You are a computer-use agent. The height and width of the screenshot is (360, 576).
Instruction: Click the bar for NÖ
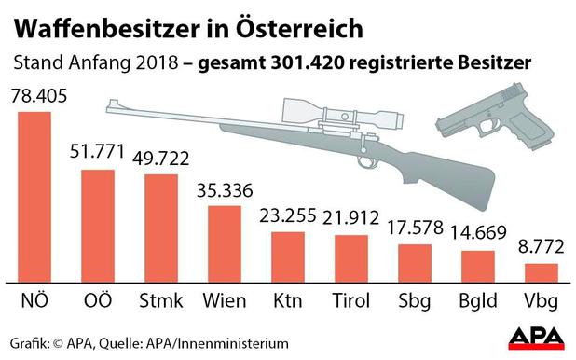point(34,195)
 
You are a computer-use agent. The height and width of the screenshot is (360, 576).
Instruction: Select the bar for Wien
point(224,242)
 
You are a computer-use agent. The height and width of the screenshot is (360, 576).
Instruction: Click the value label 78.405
point(35,96)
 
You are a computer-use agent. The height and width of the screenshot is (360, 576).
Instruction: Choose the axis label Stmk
point(161,303)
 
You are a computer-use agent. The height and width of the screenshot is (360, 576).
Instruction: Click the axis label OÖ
point(97,303)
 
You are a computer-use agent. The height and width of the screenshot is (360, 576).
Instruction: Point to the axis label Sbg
point(415,303)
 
